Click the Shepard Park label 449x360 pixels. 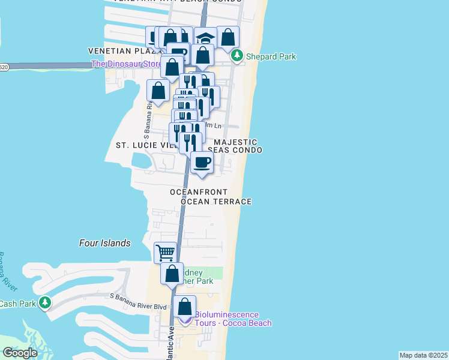[x=270, y=57]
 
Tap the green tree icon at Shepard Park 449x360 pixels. [x=237, y=56]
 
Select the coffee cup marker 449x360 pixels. [x=202, y=162]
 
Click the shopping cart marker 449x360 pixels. [x=165, y=252]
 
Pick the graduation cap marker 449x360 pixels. [x=206, y=38]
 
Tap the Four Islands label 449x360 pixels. [x=105, y=243]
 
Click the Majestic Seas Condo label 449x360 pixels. [x=235, y=146]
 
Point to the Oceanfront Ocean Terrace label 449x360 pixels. [x=211, y=197]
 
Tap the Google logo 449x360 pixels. [x=19, y=353]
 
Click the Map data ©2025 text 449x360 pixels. [x=423, y=355]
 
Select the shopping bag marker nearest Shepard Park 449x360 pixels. [x=228, y=37]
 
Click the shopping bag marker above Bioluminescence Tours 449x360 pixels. [x=184, y=307]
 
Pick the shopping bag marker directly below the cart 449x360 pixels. [x=172, y=274]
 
